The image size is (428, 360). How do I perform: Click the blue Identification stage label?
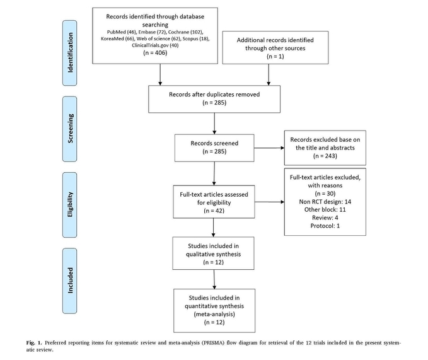(x=69, y=53)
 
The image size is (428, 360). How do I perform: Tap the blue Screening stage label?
(x=69, y=129)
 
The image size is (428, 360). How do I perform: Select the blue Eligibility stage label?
(x=69, y=205)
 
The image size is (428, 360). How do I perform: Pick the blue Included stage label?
(x=69, y=281)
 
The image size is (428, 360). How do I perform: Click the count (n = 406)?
(x=155, y=53)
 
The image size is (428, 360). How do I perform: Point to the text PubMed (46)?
(x=122, y=32)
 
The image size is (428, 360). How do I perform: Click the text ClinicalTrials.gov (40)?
(x=155, y=45)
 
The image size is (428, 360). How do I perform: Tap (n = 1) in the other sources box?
(x=275, y=56)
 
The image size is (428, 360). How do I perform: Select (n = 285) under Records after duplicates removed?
(x=214, y=103)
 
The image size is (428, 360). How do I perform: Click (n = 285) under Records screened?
(x=214, y=151)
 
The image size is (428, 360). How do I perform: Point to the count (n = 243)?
(x=325, y=156)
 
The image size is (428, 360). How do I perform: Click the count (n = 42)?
(x=214, y=211)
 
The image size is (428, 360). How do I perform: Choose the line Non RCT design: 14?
(x=325, y=202)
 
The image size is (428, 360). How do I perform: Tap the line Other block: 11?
(x=325, y=209)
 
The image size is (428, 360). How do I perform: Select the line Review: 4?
(x=325, y=218)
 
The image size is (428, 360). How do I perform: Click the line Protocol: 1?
(x=325, y=226)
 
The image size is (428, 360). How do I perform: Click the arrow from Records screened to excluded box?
(x=269, y=148)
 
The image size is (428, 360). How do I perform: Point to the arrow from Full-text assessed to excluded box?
(x=270, y=202)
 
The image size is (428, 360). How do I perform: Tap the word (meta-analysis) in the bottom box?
(x=214, y=314)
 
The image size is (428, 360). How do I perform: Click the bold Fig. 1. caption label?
(x=34, y=343)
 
